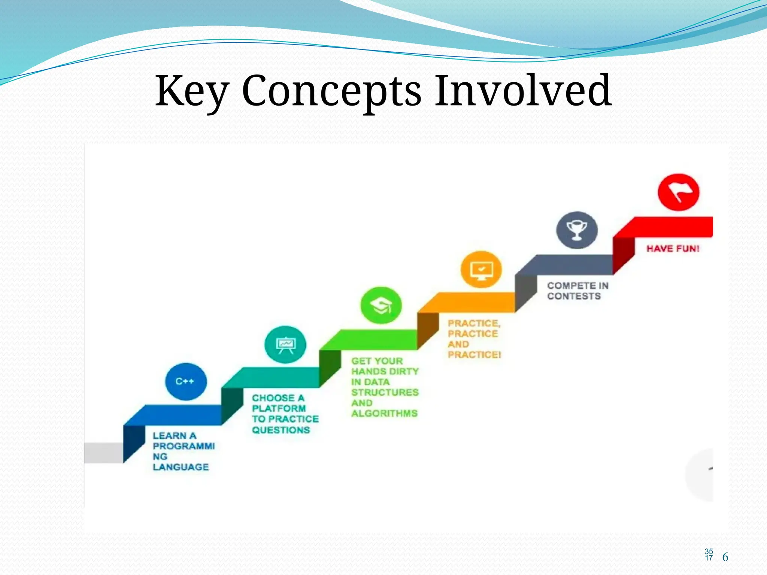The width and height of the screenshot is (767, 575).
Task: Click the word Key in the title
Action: point(192,91)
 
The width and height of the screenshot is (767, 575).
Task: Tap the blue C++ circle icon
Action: point(186,381)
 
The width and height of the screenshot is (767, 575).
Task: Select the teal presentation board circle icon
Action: point(285,344)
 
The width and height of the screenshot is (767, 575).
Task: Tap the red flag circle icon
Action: point(678,192)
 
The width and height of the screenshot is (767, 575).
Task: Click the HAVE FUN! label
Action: point(673,249)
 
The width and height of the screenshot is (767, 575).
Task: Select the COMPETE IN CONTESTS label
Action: point(577,291)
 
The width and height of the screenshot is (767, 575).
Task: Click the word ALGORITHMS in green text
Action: point(384,413)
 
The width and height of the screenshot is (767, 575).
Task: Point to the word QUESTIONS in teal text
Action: point(281,430)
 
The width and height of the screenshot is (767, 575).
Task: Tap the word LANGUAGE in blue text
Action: point(181,467)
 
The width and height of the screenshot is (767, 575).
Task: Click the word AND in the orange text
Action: point(458,344)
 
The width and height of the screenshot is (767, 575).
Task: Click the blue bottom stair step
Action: point(176,415)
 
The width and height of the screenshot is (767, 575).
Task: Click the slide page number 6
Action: point(725,557)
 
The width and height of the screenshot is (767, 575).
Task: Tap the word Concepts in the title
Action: point(332,91)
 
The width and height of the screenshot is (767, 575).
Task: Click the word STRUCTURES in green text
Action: point(385,392)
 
